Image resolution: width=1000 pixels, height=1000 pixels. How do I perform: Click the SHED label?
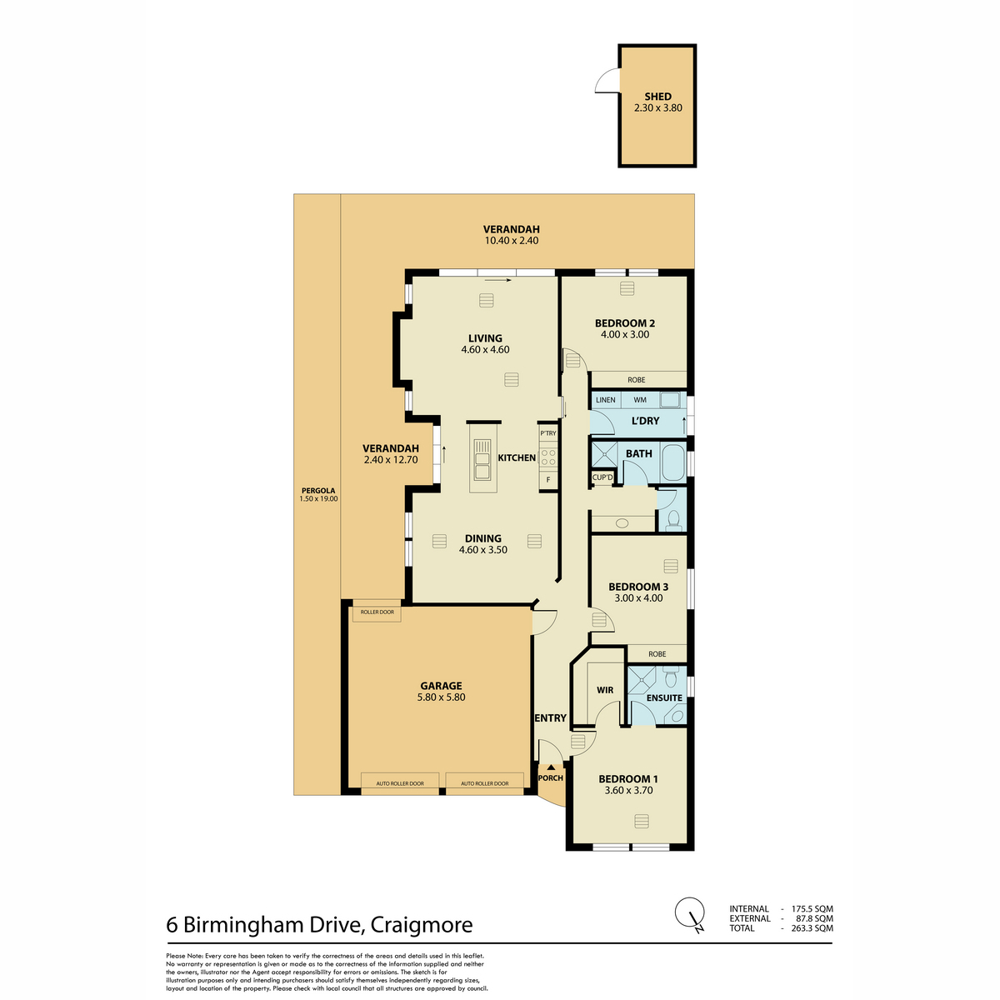click(x=657, y=97)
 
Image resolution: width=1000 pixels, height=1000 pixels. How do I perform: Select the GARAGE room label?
click(x=441, y=686)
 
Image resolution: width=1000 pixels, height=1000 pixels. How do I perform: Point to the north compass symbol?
click(x=690, y=927)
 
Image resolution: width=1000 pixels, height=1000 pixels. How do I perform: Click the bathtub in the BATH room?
click(x=673, y=462)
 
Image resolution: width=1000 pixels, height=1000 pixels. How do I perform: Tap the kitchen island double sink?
click(x=482, y=459)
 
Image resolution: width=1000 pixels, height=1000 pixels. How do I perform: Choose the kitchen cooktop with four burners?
click(x=548, y=458)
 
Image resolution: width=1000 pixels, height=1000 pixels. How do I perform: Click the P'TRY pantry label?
click(x=548, y=433)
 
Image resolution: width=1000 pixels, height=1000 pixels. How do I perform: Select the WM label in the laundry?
click(x=640, y=400)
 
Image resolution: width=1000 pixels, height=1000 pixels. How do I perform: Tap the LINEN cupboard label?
click(x=606, y=400)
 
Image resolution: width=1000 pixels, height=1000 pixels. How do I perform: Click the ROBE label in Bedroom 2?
click(x=636, y=380)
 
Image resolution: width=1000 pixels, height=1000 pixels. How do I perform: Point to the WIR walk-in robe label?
click(x=605, y=690)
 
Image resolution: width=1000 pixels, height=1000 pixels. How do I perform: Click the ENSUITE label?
click(x=664, y=698)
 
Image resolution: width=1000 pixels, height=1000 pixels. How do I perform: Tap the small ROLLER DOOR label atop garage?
click(x=377, y=612)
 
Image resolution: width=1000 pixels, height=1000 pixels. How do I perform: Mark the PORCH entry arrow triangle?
click(x=551, y=767)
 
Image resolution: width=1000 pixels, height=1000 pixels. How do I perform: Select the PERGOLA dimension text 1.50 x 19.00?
click(x=318, y=498)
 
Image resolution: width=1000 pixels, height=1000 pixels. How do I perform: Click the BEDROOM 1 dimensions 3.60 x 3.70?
click(x=628, y=790)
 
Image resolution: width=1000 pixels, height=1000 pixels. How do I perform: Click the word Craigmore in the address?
click(x=422, y=925)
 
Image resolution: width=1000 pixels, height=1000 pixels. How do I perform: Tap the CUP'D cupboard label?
click(x=602, y=477)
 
